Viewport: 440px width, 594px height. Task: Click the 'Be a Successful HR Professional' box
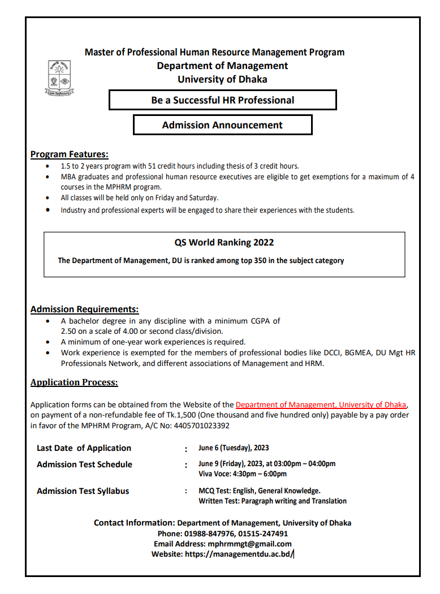point(222,101)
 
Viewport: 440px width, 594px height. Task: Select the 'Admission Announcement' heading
point(222,125)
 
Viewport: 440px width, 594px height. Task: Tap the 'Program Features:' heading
point(69,154)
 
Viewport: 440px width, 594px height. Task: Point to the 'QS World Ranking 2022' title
point(224,242)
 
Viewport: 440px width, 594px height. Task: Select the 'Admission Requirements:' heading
point(84,309)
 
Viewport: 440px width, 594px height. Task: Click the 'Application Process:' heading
point(74,382)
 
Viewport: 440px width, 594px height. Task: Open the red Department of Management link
point(321,404)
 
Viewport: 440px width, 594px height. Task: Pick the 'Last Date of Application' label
point(84,448)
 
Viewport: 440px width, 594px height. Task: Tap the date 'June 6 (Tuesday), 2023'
point(234,448)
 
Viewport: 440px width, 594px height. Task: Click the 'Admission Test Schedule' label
point(84,464)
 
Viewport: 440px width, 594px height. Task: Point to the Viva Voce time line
point(243,474)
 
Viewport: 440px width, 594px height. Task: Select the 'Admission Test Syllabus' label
point(83,491)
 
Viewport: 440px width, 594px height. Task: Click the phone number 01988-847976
point(208,533)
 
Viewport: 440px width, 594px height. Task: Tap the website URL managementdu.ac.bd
point(239,554)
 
